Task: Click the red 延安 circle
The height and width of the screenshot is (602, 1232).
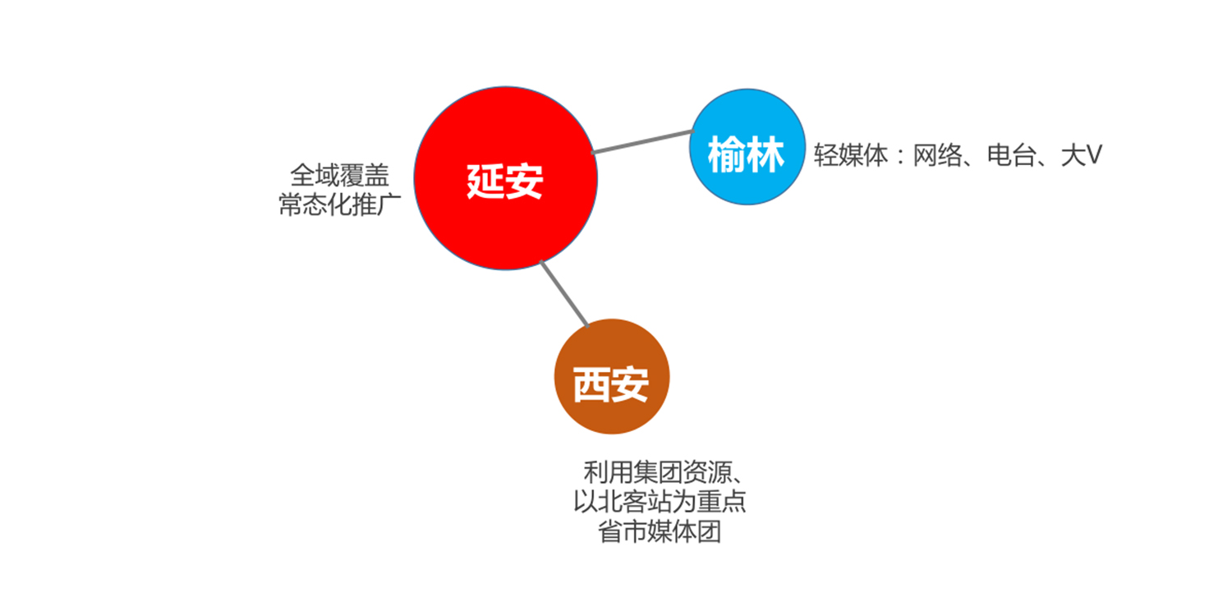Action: coord(505,178)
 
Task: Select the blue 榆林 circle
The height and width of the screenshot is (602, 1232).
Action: coord(747,147)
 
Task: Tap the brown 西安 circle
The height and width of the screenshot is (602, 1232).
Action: coord(612,377)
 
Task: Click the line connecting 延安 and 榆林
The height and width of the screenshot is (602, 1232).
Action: coord(642,142)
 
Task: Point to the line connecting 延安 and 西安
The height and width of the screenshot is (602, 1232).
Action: coord(564,293)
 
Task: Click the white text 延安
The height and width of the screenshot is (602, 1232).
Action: coord(505,181)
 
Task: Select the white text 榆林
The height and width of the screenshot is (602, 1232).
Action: coord(747,154)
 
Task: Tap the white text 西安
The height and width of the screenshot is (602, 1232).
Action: coord(611,384)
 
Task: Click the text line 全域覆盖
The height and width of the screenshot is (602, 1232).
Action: coord(339,176)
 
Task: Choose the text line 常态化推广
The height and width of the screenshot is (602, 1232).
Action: coord(339,204)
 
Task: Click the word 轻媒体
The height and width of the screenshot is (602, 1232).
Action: coord(851,155)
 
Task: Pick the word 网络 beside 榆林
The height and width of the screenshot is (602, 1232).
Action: coord(938,155)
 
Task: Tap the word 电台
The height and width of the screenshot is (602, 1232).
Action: coord(1012,155)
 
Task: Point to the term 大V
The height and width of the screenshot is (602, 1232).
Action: coord(1082,155)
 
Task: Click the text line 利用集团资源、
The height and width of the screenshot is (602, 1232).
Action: coord(665,471)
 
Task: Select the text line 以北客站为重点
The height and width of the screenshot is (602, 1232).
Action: coord(660,501)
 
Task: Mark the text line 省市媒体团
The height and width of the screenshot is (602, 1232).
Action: coord(660,531)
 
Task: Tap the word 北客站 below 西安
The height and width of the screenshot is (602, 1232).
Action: coord(635,501)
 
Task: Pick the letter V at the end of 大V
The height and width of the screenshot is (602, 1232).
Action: coord(1093,155)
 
